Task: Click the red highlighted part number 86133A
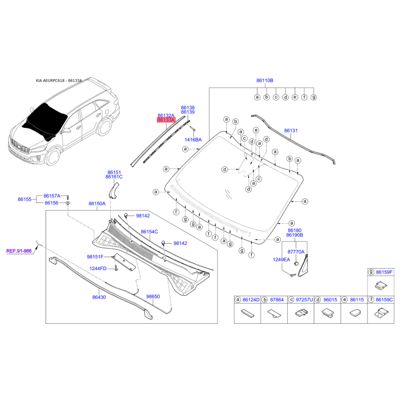tap(166, 120)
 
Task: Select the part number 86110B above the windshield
tap(265, 80)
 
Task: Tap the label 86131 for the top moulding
tap(291, 130)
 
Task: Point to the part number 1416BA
tap(193, 139)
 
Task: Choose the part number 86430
tap(99, 297)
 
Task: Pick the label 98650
tap(153, 297)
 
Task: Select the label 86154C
tap(149, 232)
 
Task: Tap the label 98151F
tap(95, 257)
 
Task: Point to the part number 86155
tap(25, 199)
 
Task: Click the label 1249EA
tap(281, 260)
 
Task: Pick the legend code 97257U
tap(304, 300)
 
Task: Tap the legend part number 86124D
tap(251, 300)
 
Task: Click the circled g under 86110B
tap(313, 97)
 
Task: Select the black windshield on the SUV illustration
tap(46, 120)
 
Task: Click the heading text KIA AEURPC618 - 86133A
tap(59, 81)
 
